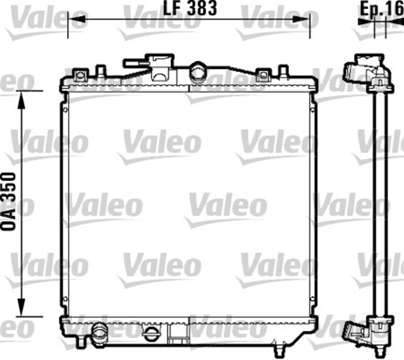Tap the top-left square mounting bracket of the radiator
79,75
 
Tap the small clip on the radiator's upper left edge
64,107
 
